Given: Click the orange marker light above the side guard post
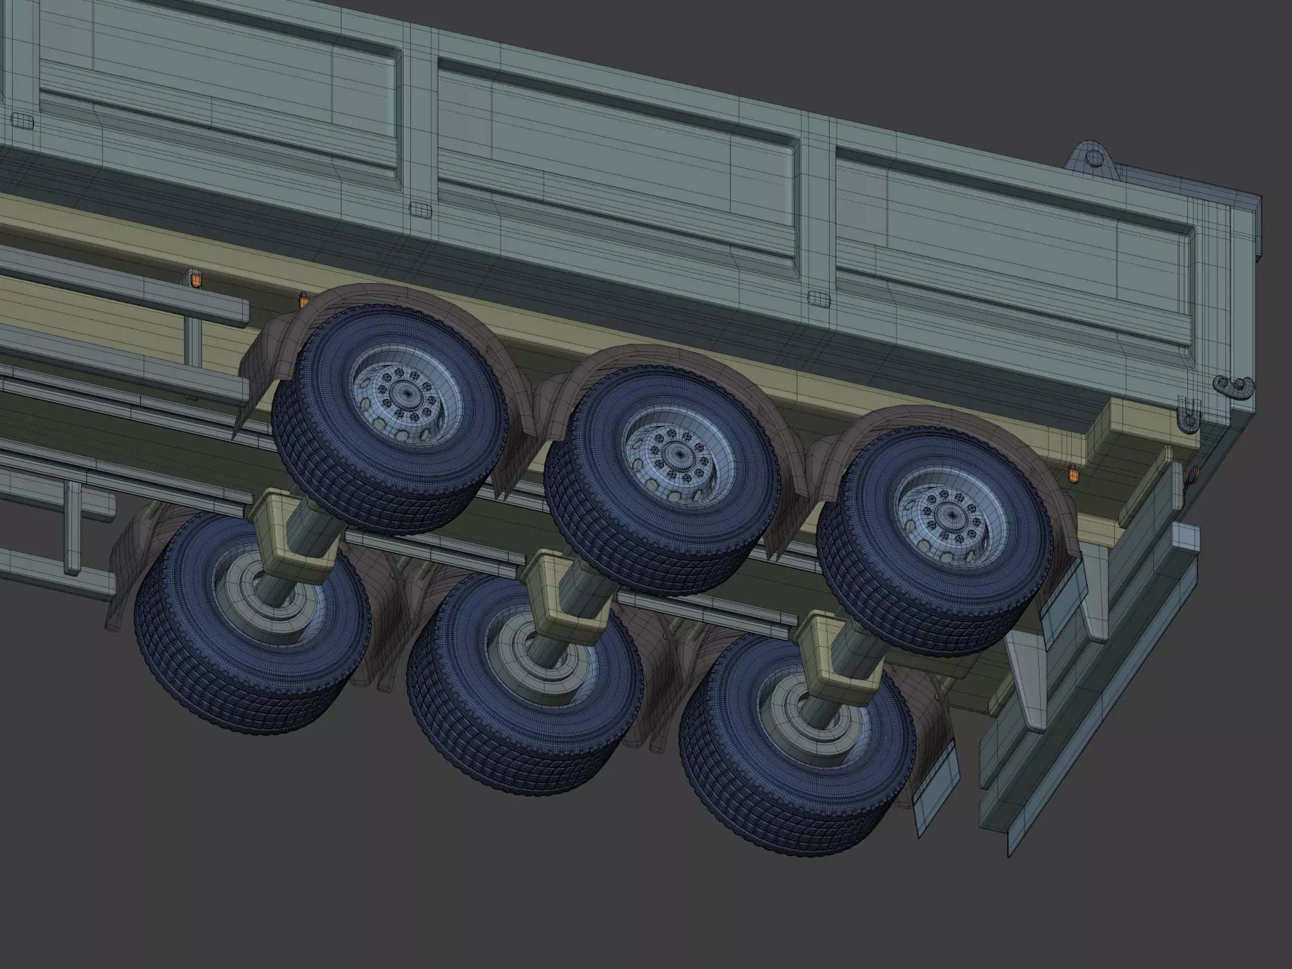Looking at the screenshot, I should click(194, 279).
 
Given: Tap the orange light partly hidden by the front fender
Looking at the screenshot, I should click(303, 298).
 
